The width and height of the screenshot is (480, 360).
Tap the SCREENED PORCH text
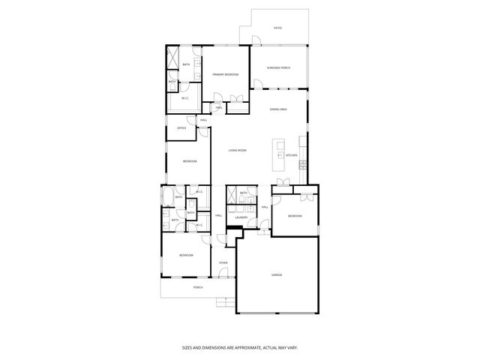(x=277, y=68)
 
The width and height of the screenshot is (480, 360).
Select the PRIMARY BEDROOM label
(x=226, y=75)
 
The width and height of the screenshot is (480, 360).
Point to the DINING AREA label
(x=279, y=109)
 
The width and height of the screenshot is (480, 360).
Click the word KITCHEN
(x=291, y=155)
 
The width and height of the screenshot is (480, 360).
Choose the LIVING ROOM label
(x=238, y=150)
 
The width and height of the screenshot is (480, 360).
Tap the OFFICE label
(x=181, y=128)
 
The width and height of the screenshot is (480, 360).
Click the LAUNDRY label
(x=241, y=217)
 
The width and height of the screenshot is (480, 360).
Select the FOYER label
(x=223, y=262)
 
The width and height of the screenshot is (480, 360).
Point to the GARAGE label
(x=277, y=274)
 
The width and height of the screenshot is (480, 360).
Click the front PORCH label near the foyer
(x=198, y=287)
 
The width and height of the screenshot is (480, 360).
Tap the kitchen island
(x=281, y=149)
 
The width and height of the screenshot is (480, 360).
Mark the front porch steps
(x=223, y=302)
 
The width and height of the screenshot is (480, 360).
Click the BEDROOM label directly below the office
(x=190, y=161)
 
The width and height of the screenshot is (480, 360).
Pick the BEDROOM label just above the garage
(x=295, y=216)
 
